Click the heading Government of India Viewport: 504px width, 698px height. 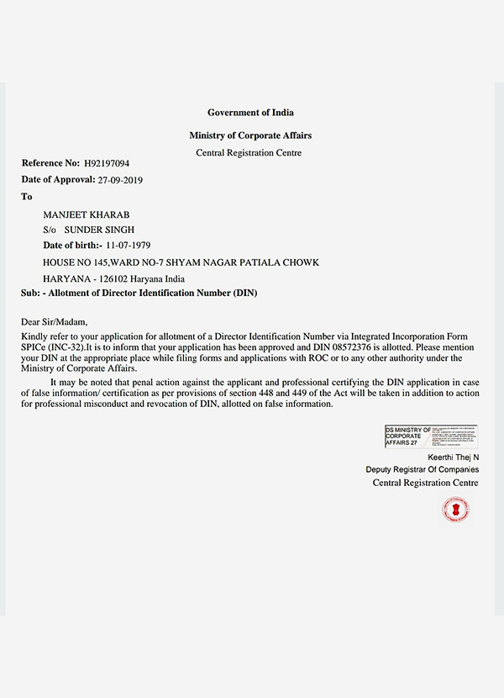coord(250,113)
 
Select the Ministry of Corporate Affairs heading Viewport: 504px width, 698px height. coord(250,135)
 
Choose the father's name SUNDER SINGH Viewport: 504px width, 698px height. coord(100,230)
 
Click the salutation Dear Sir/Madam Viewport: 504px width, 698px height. coord(55,321)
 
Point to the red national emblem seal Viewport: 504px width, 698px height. coord(455,510)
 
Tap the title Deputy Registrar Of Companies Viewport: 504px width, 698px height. coord(422,469)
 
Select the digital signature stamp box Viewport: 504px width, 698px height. coord(430,436)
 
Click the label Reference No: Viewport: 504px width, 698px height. coord(50,163)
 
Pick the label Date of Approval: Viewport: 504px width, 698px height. coord(57,180)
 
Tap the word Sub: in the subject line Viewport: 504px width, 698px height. coord(31,293)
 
